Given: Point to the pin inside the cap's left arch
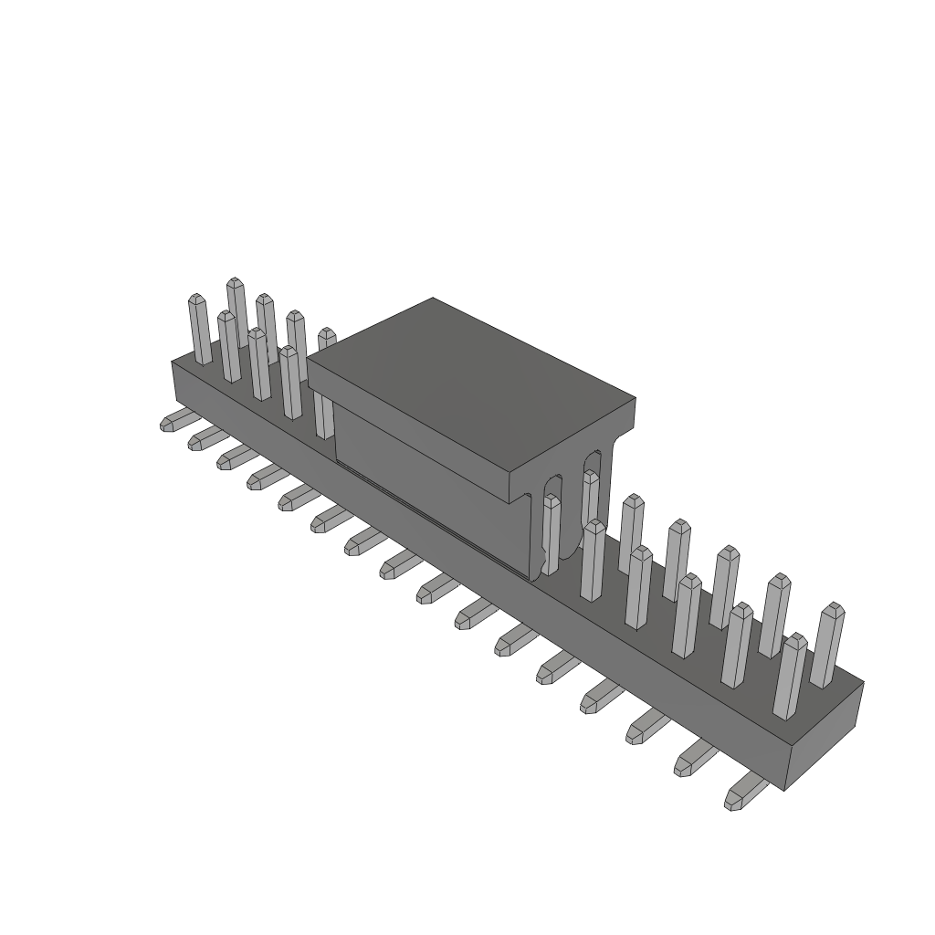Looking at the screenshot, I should [x=551, y=534].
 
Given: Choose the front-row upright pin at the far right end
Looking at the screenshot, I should [x=789, y=676].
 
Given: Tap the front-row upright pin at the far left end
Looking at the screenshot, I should [x=228, y=347].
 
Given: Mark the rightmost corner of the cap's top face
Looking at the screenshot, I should [x=636, y=399].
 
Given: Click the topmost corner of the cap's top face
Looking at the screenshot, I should [x=432, y=298].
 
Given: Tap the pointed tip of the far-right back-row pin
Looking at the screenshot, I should [x=833, y=605].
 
